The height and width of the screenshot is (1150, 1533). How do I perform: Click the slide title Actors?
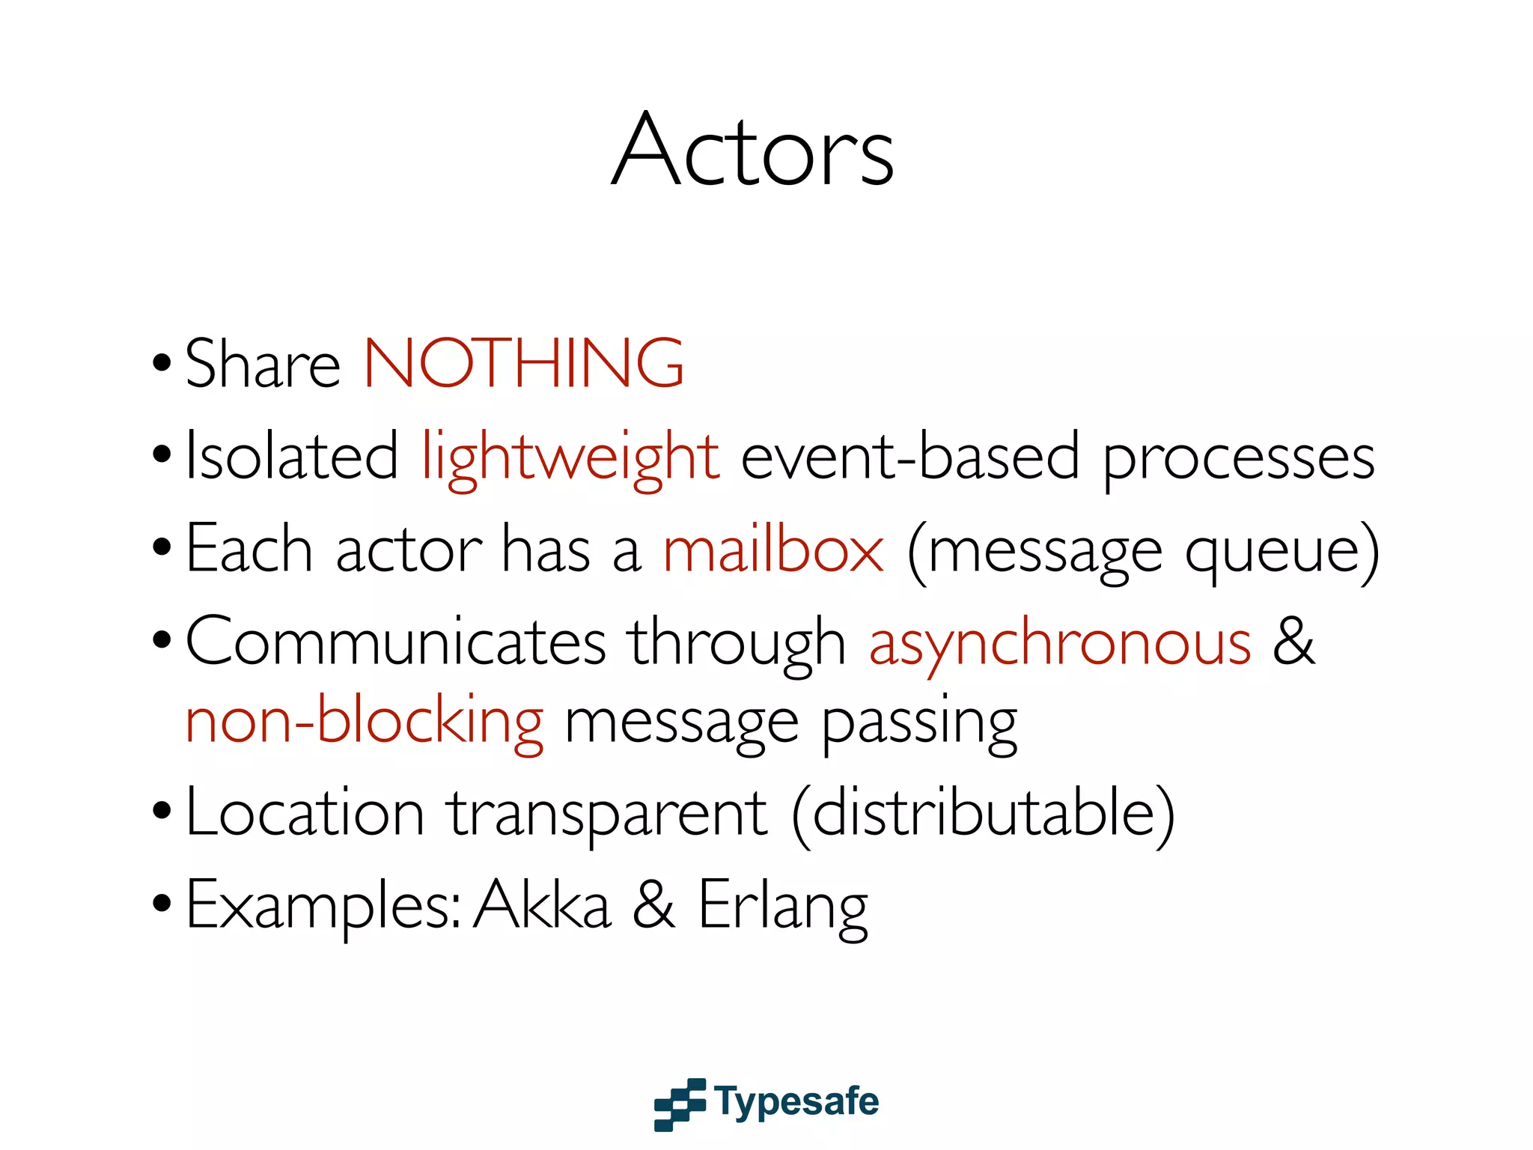753,150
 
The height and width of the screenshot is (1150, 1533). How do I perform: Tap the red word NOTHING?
523,363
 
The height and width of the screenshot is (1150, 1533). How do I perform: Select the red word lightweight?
570,457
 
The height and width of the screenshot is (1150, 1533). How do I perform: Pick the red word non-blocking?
365,721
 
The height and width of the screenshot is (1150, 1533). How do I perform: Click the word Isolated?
292,457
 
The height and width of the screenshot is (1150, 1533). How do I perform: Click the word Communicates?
396,642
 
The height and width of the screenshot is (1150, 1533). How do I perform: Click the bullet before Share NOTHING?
162,365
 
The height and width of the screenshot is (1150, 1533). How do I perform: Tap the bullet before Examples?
162,904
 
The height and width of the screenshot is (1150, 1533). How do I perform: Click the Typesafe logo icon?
680,1104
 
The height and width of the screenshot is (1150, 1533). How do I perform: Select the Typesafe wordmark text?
796,1102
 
